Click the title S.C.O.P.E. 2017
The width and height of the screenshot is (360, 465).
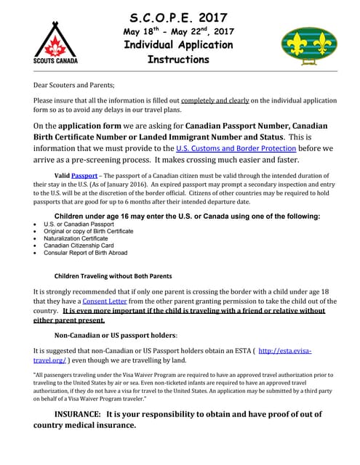[178, 17]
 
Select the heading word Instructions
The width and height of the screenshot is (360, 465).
[178, 60]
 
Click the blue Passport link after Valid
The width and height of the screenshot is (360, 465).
[84, 176]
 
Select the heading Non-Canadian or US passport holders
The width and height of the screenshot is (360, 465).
[116, 335]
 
